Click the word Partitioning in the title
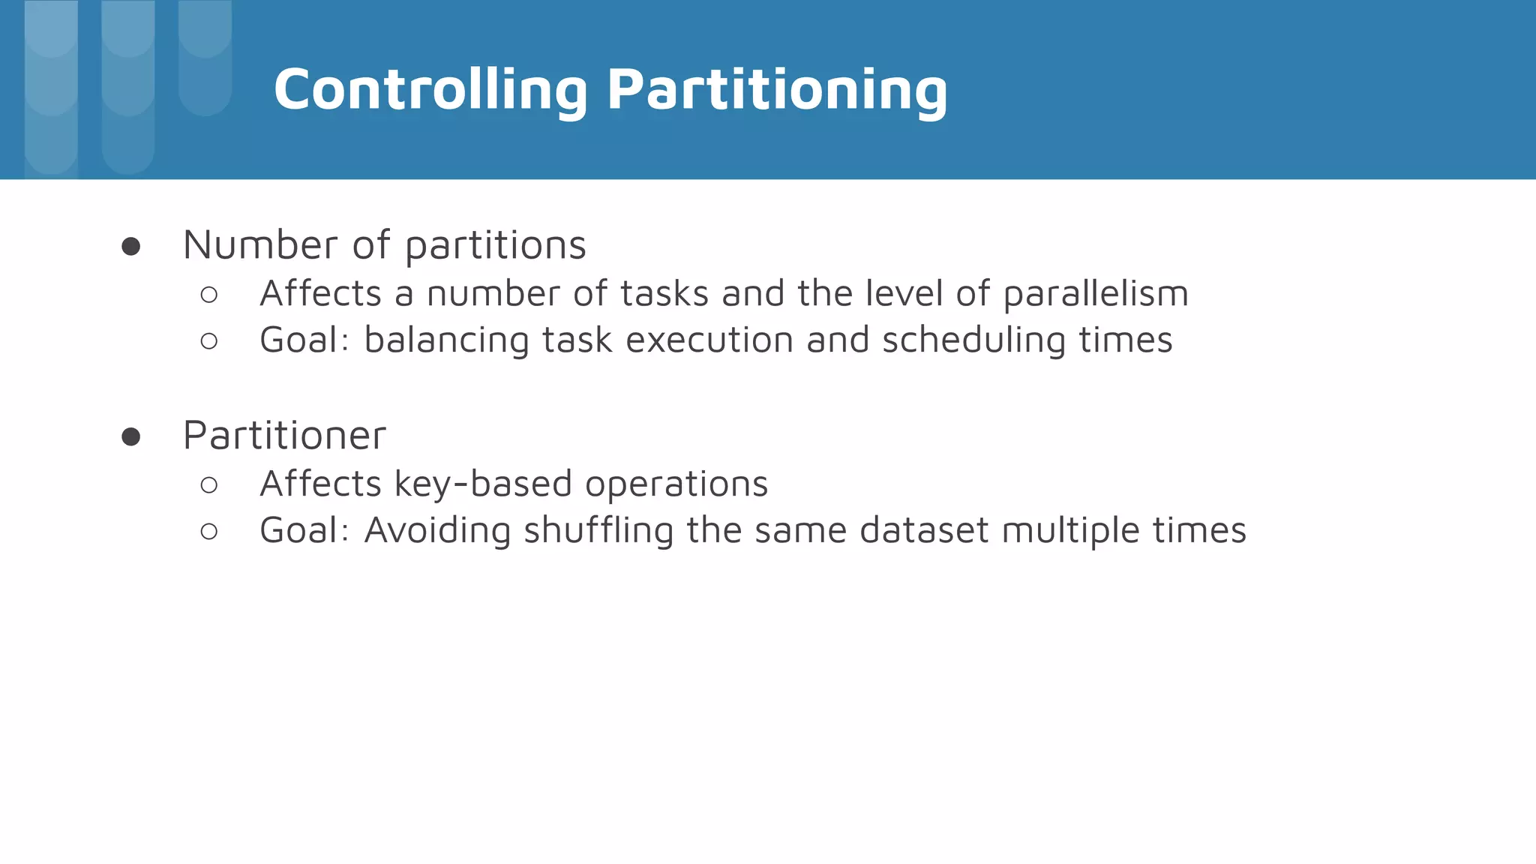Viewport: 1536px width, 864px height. [x=777, y=90]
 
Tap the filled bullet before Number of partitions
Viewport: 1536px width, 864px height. [x=130, y=247]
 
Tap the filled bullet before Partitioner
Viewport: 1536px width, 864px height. [x=130, y=437]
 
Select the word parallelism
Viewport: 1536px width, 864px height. [x=1096, y=294]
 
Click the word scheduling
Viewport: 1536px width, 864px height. [x=974, y=340]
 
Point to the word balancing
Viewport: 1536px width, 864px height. [x=446, y=340]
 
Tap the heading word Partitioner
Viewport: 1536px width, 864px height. [x=284, y=436]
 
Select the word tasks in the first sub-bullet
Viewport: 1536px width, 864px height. [x=664, y=294]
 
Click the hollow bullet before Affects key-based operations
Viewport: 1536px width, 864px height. [x=209, y=485]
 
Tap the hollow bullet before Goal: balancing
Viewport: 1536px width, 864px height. [x=209, y=341]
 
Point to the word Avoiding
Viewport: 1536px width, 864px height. [x=437, y=531]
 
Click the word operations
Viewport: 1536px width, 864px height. [x=676, y=484]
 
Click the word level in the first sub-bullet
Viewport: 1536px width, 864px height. [x=904, y=294]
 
